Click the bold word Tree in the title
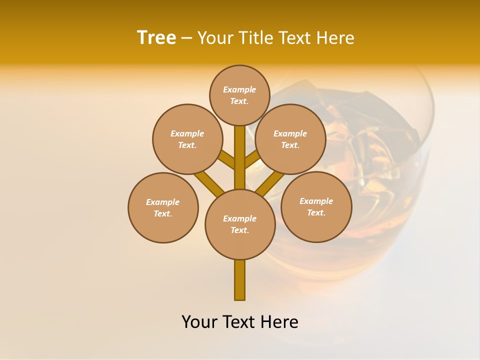click(x=156, y=37)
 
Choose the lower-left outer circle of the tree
click(x=163, y=208)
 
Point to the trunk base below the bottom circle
click(x=239, y=280)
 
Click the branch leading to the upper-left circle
click(x=226, y=160)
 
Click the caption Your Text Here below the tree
click(x=239, y=322)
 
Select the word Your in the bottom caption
click(x=200, y=322)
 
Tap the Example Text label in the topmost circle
click(x=239, y=95)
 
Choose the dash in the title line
click(x=186, y=38)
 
